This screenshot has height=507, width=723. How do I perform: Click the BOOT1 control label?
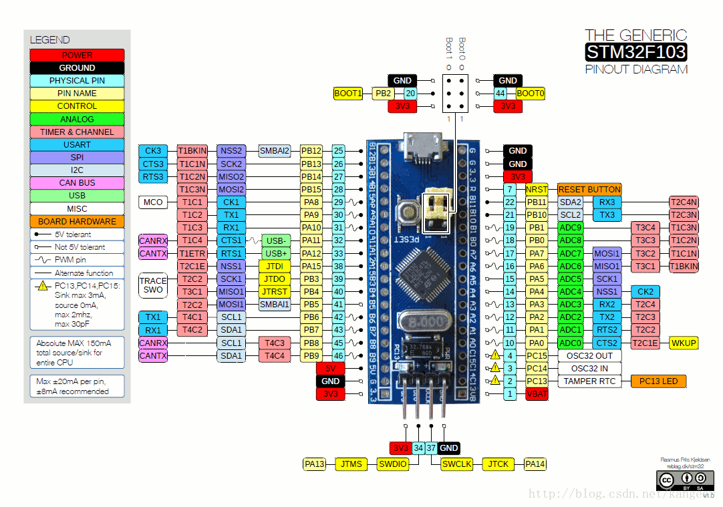point(348,94)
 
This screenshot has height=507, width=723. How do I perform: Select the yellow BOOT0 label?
point(531,94)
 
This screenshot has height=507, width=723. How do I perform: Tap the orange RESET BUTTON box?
point(589,189)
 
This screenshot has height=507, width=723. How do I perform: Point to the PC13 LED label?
point(658,381)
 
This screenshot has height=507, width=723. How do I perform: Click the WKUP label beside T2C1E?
point(684,343)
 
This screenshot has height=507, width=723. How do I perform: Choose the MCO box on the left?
point(153,202)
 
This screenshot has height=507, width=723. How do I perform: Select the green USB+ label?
point(276,253)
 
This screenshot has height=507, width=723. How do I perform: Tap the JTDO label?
point(274,279)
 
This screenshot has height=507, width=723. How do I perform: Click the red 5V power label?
point(330,368)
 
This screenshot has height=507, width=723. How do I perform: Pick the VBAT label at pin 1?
point(537,394)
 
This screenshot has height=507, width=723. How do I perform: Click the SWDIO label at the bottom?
point(392,464)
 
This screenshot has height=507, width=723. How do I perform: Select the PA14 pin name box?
point(535,464)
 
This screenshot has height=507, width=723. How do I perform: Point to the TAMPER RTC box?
point(589,381)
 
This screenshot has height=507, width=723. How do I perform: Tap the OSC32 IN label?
point(589,368)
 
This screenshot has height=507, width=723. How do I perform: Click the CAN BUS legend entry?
point(77,182)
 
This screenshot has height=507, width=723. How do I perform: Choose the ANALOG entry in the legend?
point(77,119)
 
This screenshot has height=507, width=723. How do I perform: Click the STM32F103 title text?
point(635,51)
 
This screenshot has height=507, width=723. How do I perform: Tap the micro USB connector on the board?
point(420,148)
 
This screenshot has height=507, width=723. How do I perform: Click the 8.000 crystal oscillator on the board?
point(420,323)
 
